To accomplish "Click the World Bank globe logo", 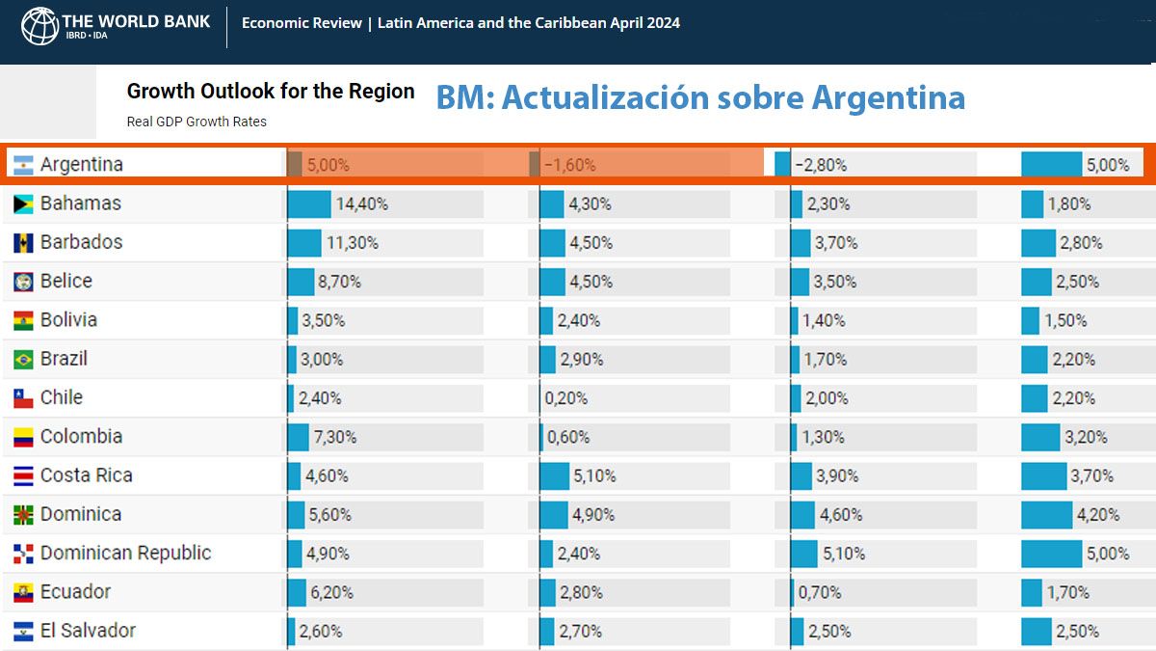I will click(40, 25).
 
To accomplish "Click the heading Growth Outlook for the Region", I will click(271, 92).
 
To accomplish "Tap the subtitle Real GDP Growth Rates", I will click(197, 122).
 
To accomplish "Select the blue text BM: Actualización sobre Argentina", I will click(700, 97).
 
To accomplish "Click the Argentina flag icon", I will click(24, 165).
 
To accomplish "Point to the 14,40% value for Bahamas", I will click(361, 204).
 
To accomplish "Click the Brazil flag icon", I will click(24, 360).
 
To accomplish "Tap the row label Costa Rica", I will click(86, 475).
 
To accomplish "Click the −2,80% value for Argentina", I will click(821, 165).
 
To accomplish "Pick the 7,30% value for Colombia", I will click(334, 437).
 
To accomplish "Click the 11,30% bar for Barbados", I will click(304, 243).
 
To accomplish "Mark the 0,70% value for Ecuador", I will click(819, 592).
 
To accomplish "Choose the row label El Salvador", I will click(88, 631).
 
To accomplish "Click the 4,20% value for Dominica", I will click(1098, 515).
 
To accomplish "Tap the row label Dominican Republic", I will click(125, 554).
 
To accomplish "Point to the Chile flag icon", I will click(24, 398).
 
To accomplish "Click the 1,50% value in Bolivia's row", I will click(1065, 320).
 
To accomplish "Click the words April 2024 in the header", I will click(645, 23).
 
